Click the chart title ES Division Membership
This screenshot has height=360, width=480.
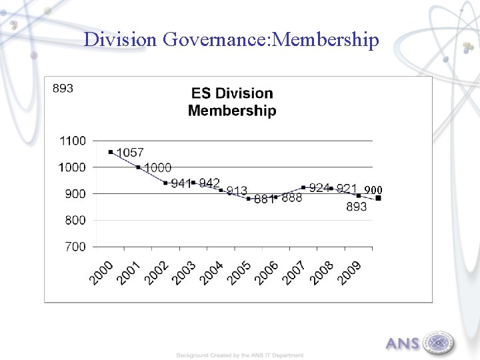point(231,102)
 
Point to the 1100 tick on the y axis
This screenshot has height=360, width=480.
point(73,141)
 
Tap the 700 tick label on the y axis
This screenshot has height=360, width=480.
point(75,247)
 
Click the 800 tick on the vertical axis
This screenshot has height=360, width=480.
point(75,220)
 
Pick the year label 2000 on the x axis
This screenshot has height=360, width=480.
point(102,273)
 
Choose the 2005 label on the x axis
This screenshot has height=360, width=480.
point(239,273)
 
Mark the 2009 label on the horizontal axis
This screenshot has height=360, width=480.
point(349,273)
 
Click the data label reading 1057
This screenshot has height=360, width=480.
point(131,153)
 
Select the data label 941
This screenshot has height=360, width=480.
point(181,183)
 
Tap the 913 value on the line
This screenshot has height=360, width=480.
point(237,191)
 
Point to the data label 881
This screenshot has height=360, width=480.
point(264,199)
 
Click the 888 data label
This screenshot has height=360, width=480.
point(291,198)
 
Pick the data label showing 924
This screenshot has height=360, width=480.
point(319,188)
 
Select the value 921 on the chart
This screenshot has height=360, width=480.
point(347,189)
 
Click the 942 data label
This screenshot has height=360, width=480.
point(209,183)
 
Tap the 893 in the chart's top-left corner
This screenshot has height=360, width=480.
point(63,88)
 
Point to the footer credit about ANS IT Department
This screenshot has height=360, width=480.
point(240,355)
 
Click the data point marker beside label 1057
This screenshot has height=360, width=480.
point(111,152)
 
